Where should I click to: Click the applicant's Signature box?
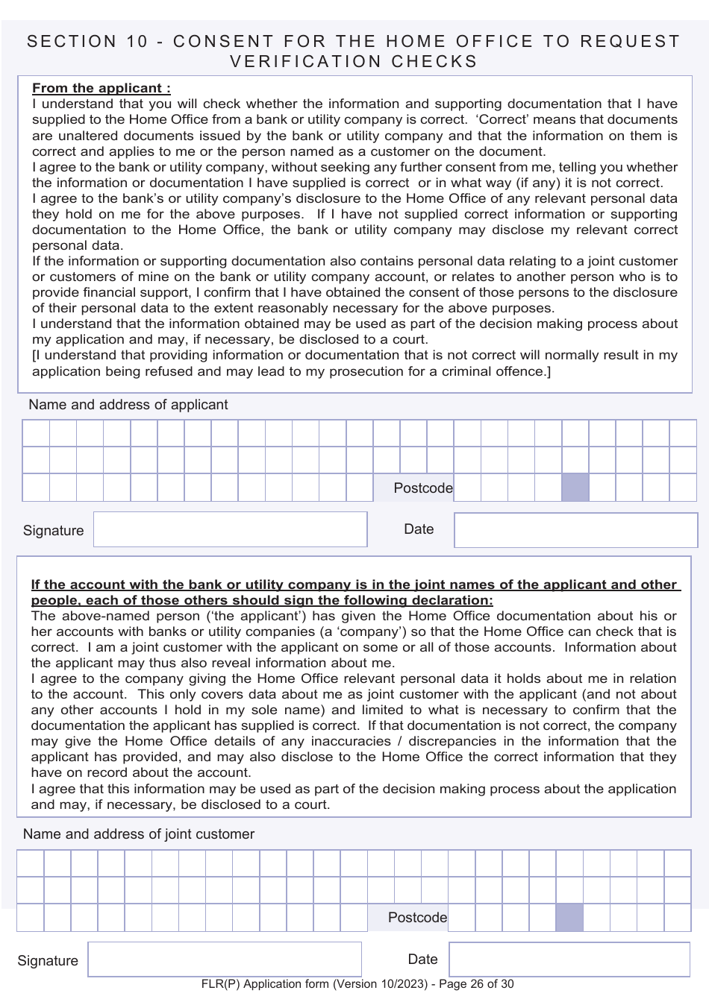tap(230, 529)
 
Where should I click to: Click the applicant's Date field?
tap(575, 530)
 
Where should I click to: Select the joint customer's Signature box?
tap(225, 960)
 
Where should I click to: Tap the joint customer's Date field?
tap(569, 960)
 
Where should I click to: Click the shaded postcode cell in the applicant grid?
tap(575, 488)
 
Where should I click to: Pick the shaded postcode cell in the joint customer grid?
tap(569, 918)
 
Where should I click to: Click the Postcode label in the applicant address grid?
tap(422, 488)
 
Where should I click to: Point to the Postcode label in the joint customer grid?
tap(417, 918)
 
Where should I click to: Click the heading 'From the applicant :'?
tap(101, 88)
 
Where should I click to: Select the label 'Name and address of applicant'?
tap(128, 405)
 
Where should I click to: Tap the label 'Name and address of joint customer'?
tap(139, 834)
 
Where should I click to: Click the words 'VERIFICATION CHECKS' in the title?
tap(354, 62)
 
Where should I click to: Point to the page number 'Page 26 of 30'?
tap(476, 984)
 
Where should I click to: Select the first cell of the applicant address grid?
tap(36, 433)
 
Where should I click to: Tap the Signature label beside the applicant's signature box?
tap(54, 531)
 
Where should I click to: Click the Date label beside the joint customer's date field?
tap(422, 960)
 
